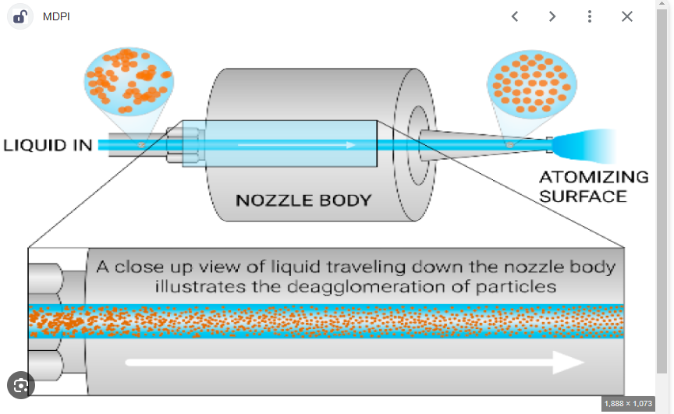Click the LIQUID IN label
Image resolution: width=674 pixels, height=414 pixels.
48,145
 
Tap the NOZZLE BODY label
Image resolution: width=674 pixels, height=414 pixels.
303,200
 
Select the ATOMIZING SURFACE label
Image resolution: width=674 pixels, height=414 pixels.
594,186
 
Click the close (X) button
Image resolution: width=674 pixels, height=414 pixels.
627,16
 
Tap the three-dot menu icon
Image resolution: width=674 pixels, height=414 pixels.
590,16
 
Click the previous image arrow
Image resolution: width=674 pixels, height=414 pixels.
515,16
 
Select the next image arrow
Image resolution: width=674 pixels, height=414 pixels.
552,16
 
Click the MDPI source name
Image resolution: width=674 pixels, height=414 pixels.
56,16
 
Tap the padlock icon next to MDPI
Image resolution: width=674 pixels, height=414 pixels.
20,16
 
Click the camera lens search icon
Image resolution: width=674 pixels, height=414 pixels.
21,385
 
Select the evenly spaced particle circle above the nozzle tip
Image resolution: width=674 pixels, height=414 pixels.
527,80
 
